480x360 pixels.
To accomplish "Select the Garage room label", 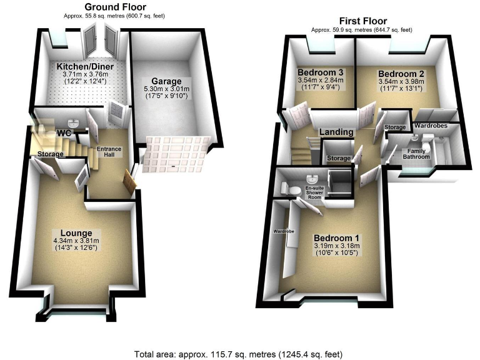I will pos(166,81).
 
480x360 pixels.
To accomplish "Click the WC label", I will pos(64,133).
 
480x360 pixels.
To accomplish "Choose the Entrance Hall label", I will pos(108,152).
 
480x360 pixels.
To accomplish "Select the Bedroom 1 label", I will pos(336,237).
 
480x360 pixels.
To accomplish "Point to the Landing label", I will pos(336,132).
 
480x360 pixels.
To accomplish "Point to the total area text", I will pos(239,354).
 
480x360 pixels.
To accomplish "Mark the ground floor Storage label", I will pos(51,154).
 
